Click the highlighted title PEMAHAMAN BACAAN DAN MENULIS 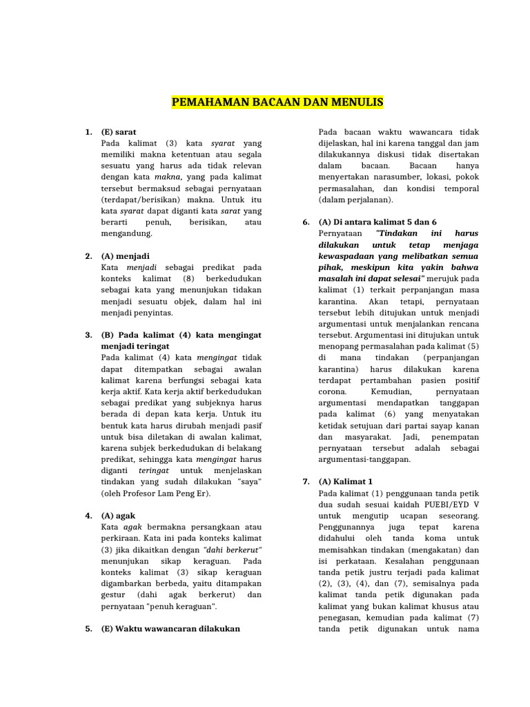(x=277, y=103)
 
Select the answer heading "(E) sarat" (x=119, y=131)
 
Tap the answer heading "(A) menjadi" (x=125, y=255)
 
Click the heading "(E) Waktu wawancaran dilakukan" (x=170, y=628)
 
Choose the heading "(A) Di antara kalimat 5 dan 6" (x=377, y=222)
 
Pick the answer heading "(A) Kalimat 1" (x=345, y=481)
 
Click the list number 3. (x=89, y=335)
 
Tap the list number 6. (x=306, y=222)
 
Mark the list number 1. (x=89, y=131)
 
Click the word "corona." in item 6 (x=335, y=391)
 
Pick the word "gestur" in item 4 (x=115, y=594)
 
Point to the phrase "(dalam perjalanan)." (x=355, y=199)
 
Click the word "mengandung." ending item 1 (x=126, y=233)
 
